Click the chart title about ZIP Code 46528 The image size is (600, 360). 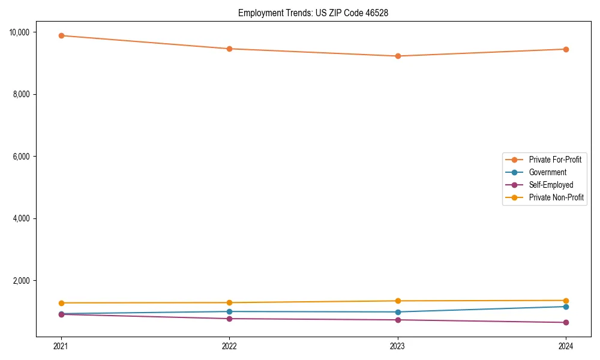tap(313, 13)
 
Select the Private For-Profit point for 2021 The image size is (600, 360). tap(61, 35)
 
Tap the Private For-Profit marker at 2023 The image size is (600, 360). tap(398, 56)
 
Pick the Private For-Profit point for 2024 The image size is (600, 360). tap(566, 49)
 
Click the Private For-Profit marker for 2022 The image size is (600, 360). tap(229, 49)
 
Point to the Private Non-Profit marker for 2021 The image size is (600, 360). tap(61, 303)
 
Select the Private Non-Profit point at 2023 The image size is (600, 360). tap(398, 301)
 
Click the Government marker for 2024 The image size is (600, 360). tap(566, 307)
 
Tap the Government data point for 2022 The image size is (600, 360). tap(229, 311)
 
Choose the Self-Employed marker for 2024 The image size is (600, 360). tap(566, 322)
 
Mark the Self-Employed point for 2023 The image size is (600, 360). tap(398, 320)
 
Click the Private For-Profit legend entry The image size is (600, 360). tap(554, 160)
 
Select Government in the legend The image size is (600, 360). tap(547, 172)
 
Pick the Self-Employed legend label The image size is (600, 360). tap(551, 185)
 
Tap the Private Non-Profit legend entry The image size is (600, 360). tap(556, 197)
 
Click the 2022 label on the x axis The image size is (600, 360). tap(229, 346)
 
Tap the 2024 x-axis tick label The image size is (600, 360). tap(566, 346)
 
